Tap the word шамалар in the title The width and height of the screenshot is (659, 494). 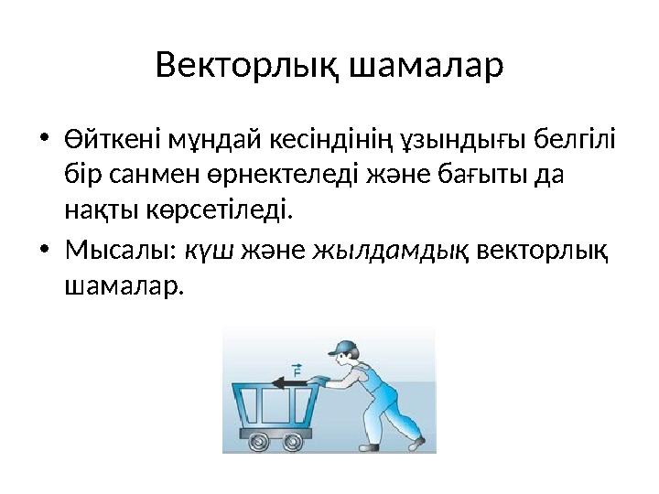427,67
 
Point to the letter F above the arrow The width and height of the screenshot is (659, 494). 297,372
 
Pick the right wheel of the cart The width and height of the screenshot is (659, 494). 294,441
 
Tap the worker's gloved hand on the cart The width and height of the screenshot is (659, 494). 317,379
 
